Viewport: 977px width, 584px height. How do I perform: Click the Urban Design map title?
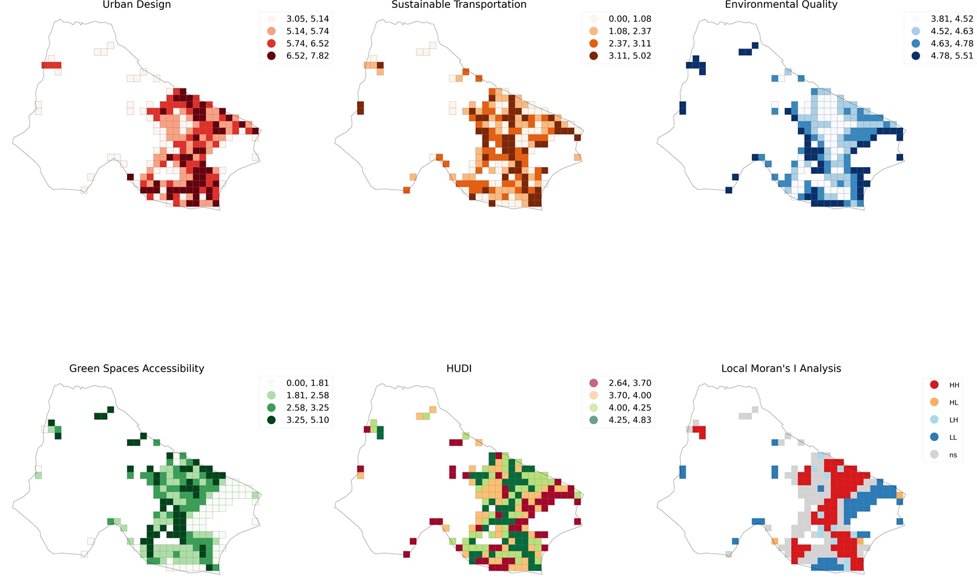(137, 5)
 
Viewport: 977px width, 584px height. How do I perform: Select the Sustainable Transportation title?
(459, 5)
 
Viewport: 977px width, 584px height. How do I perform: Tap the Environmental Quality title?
(781, 5)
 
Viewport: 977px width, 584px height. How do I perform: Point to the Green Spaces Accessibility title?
(137, 368)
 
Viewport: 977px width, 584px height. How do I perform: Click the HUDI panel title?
(459, 368)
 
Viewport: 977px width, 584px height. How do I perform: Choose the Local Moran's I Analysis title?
(781, 368)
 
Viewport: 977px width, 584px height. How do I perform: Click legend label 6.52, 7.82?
(308, 56)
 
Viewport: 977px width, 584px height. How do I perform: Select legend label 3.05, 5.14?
(308, 19)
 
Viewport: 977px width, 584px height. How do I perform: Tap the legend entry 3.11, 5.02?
(630, 56)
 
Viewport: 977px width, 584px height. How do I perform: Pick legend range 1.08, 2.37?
(630, 31)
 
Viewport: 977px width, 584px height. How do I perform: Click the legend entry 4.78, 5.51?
(952, 56)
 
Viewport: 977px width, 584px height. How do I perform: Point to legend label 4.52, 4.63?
(952, 31)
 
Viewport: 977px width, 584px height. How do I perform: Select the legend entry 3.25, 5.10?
(308, 420)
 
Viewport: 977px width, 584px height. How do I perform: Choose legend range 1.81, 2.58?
(308, 395)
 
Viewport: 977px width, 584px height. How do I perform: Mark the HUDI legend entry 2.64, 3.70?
(630, 383)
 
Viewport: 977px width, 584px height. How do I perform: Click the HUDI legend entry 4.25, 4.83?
(630, 420)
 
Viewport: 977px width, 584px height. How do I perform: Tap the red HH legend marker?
(934, 385)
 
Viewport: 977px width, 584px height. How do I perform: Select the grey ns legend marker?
(934, 454)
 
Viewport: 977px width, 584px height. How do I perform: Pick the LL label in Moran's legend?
(953, 437)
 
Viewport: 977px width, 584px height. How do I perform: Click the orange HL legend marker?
(934, 402)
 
